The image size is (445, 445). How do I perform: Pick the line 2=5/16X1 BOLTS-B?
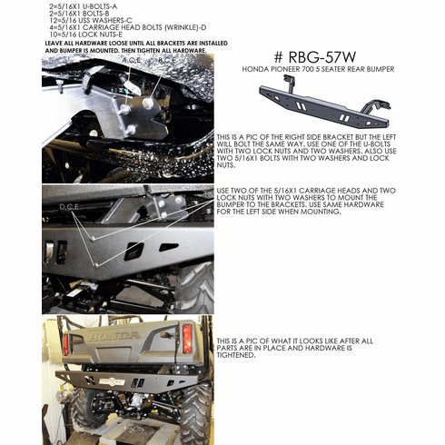(83, 13)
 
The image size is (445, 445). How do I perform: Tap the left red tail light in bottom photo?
(66, 344)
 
